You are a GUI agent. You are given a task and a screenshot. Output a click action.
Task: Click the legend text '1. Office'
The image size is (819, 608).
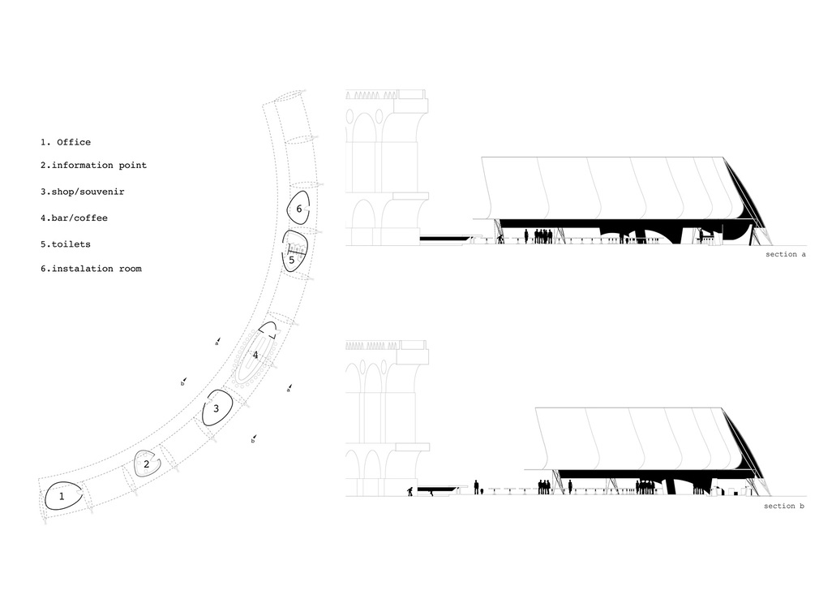tap(66, 142)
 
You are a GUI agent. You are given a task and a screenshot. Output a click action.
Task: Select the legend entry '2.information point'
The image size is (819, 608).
tap(94, 166)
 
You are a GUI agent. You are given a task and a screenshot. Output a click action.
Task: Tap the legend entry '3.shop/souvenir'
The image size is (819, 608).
tap(83, 192)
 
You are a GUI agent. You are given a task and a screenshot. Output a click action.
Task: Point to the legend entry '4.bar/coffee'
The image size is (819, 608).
tap(74, 218)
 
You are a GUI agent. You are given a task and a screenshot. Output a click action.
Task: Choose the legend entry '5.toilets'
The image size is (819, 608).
tap(66, 244)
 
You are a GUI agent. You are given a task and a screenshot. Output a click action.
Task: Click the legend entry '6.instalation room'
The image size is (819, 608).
tap(92, 269)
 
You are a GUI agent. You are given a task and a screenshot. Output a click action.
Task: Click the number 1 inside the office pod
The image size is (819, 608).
tap(62, 496)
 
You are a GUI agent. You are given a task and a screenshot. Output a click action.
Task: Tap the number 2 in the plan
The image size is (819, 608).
tap(146, 464)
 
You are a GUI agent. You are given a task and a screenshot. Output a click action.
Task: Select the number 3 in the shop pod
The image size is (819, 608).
tap(216, 409)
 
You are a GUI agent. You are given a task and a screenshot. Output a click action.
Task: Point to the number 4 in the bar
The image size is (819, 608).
tap(255, 355)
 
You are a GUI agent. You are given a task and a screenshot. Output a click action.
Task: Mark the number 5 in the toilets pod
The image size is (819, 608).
tap(291, 260)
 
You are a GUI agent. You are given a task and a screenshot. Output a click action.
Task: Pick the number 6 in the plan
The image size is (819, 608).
tap(298, 209)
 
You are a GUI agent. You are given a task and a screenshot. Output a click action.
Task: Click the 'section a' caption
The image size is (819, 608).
tap(786, 255)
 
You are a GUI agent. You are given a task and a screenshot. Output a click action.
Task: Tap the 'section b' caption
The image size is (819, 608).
tap(784, 506)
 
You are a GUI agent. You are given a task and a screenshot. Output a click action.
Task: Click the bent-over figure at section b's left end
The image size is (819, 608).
tap(410, 491)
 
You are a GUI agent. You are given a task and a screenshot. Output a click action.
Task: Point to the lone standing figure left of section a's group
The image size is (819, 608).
tap(526, 236)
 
